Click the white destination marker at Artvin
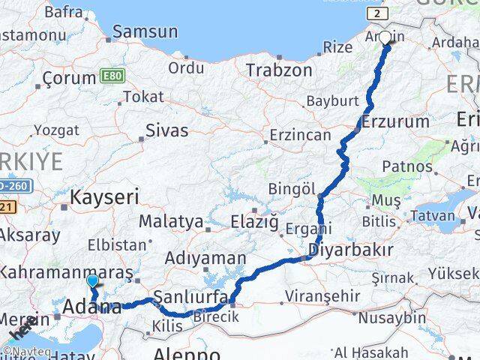(x=385, y=38)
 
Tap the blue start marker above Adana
(x=92, y=282)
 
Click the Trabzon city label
(x=279, y=70)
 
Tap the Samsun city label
(x=145, y=31)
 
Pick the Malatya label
(x=171, y=222)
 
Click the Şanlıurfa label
(x=190, y=297)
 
